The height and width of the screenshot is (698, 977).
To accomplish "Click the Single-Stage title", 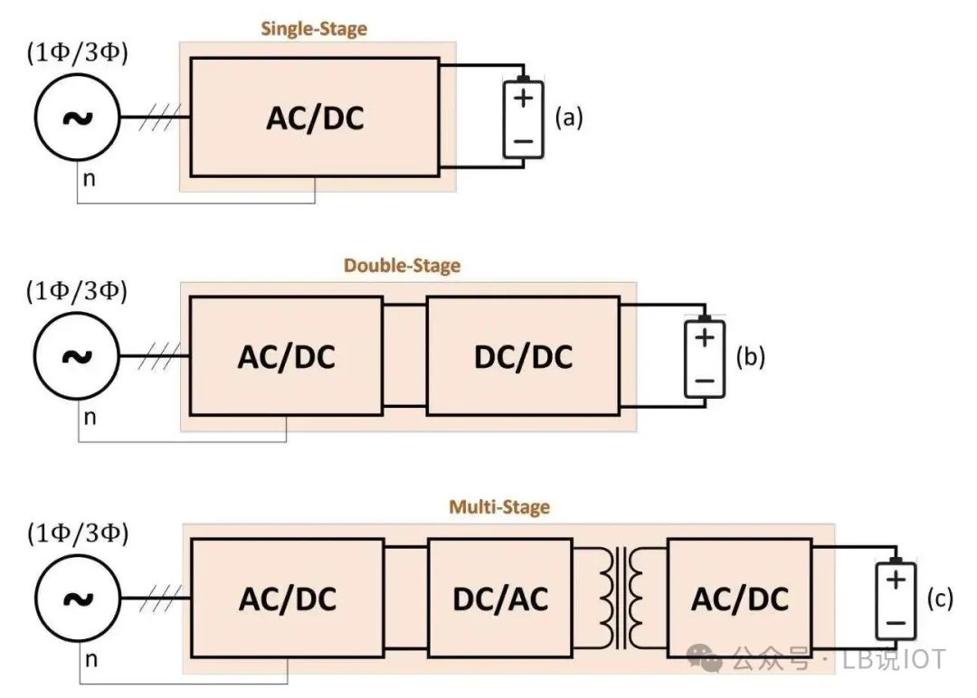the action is click(x=313, y=29).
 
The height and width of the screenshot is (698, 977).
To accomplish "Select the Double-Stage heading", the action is click(x=402, y=266).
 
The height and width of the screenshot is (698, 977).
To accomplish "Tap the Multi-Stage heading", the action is click(x=499, y=507).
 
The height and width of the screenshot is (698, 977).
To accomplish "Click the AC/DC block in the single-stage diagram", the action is click(x=315, y=117).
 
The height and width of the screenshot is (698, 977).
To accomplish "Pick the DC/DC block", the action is click(x=524, y=356).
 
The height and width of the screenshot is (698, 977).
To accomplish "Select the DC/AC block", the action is click(x=500, y=598).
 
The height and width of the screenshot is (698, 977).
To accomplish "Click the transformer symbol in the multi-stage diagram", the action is click(x=621, y=598).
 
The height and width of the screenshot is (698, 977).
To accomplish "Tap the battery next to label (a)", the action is click(x=524, y=118).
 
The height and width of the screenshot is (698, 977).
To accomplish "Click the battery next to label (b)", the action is click(x=705, y=357).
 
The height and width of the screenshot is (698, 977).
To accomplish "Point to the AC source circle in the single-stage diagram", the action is click(x=77, y=117).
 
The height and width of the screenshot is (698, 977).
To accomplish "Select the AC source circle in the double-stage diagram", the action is click(x=76, y=356).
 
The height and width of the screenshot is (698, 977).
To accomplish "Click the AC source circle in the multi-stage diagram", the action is click(x=78, y=598).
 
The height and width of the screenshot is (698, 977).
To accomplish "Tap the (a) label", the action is click(x=569, y=117).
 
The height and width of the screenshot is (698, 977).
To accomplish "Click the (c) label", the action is click(x=940, y=599).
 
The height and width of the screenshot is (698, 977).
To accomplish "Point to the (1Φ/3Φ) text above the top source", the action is click(x=77, y=53).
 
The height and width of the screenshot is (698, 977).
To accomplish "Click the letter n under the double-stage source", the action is click(x=90, y=417).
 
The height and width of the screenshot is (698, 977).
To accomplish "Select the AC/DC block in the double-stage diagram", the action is click(x=286, y=356).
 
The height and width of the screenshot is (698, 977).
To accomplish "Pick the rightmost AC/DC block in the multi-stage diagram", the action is click(x=740, y=598).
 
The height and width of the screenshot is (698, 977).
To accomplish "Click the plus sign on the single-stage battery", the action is click(x=524, y=98).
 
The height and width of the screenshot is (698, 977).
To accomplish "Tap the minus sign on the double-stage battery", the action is click(x=705, y=381).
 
